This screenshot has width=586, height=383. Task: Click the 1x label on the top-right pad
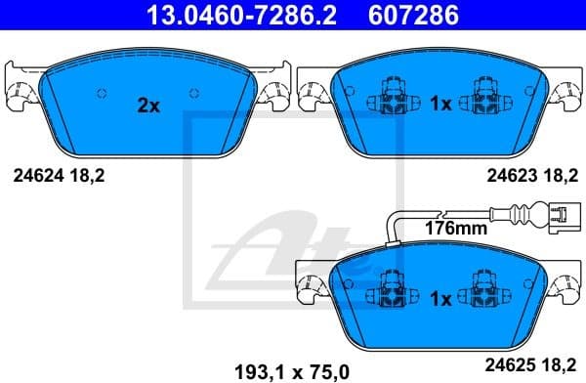pos(439,104)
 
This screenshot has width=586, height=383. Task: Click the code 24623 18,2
pos(528,177)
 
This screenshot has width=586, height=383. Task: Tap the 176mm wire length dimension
pos(455,230)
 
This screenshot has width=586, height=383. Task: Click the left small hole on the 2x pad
pos(102,94)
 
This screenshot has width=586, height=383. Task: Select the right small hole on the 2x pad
pos(196,94)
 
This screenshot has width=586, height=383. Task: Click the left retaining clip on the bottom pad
pos(387,293)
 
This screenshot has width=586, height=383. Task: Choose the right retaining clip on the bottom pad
pos(482,293)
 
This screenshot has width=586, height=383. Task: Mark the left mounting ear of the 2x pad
pos(21,93)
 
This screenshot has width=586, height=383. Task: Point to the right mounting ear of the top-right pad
pos(565,92)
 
